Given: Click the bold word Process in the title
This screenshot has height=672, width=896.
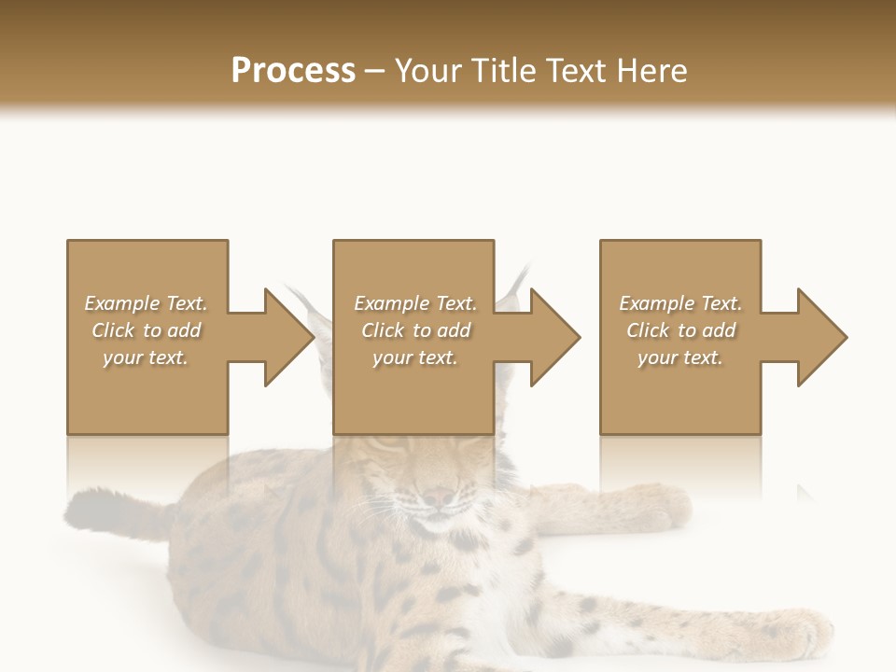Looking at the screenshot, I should tap(293, 71).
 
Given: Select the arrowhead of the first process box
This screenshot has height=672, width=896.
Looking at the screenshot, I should tap(289, 337).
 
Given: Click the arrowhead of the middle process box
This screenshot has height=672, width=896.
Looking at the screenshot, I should tap(555, 337).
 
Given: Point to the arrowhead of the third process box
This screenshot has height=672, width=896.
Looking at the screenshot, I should tap(822, 337).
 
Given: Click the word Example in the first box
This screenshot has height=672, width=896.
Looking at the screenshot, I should tap(122, 303).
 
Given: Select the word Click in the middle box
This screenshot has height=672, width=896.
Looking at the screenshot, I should tap(382, 330).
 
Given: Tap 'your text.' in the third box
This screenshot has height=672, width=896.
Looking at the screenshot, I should tap(679, 357).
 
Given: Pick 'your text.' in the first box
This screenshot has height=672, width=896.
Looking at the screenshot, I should tap(145, 357).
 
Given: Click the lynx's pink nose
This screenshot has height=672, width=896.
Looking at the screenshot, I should tap(439, 497).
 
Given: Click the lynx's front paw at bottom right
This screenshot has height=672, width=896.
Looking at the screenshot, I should tap(793, 635).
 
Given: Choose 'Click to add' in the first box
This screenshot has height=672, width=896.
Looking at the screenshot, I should tap(146, 330).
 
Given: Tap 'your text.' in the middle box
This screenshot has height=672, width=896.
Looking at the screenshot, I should tap(414, 357).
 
